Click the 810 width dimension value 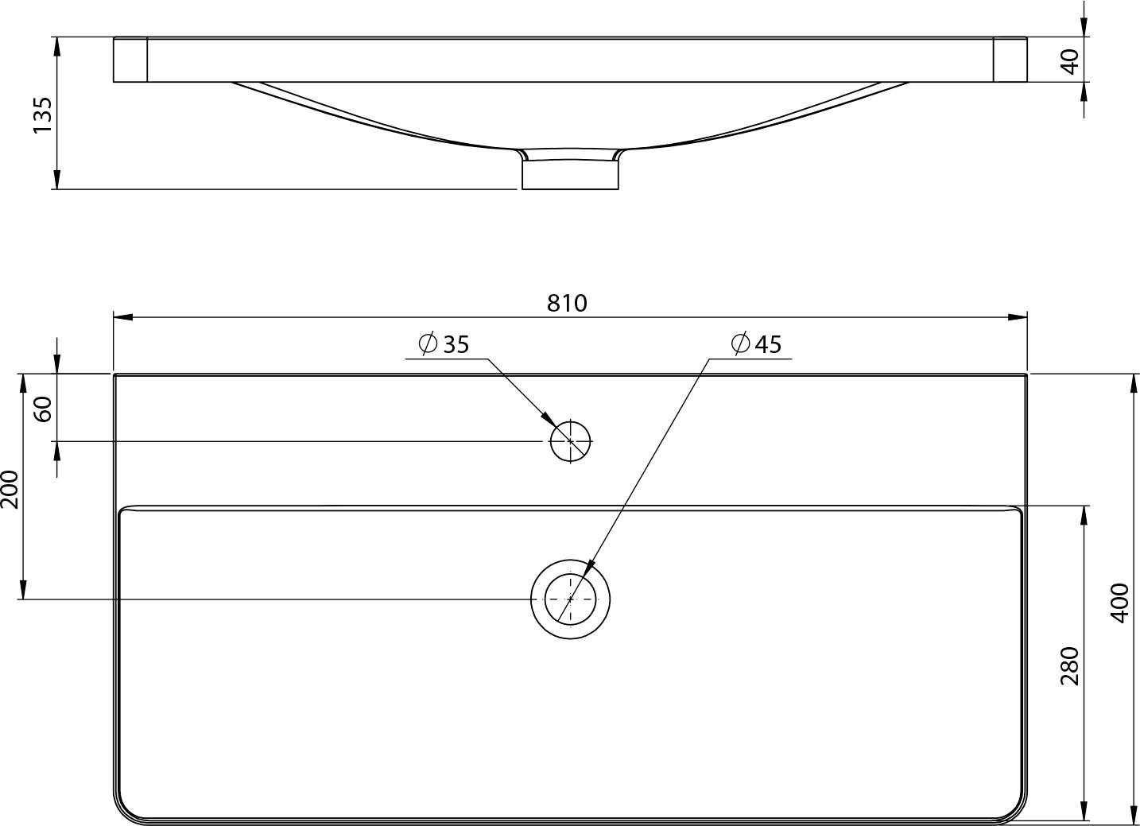click(567, 304)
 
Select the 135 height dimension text click(43, 115)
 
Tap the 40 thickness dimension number click(1071, 61)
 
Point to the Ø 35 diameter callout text click(444, 343)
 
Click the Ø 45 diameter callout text click(756, 343)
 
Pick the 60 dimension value click(43, 409)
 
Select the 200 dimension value click(10, 490)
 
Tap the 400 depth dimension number click(1119, 603)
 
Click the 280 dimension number click(1070, 665)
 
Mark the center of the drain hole click(571, 599)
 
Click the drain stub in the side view click(571, 175)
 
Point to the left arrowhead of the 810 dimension click(122, 317)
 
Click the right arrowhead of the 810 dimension click(1018, 317)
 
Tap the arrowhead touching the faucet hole click(549, 420)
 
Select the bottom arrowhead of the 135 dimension click(57, 180)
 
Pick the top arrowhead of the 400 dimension click(1134, 384)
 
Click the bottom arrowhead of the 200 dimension click(23, 590)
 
